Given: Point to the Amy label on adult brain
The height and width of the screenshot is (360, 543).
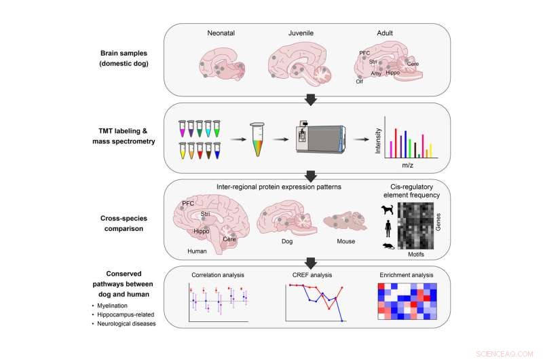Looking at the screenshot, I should [376, 73].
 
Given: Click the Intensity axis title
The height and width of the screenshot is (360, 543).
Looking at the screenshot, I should [378, 139].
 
